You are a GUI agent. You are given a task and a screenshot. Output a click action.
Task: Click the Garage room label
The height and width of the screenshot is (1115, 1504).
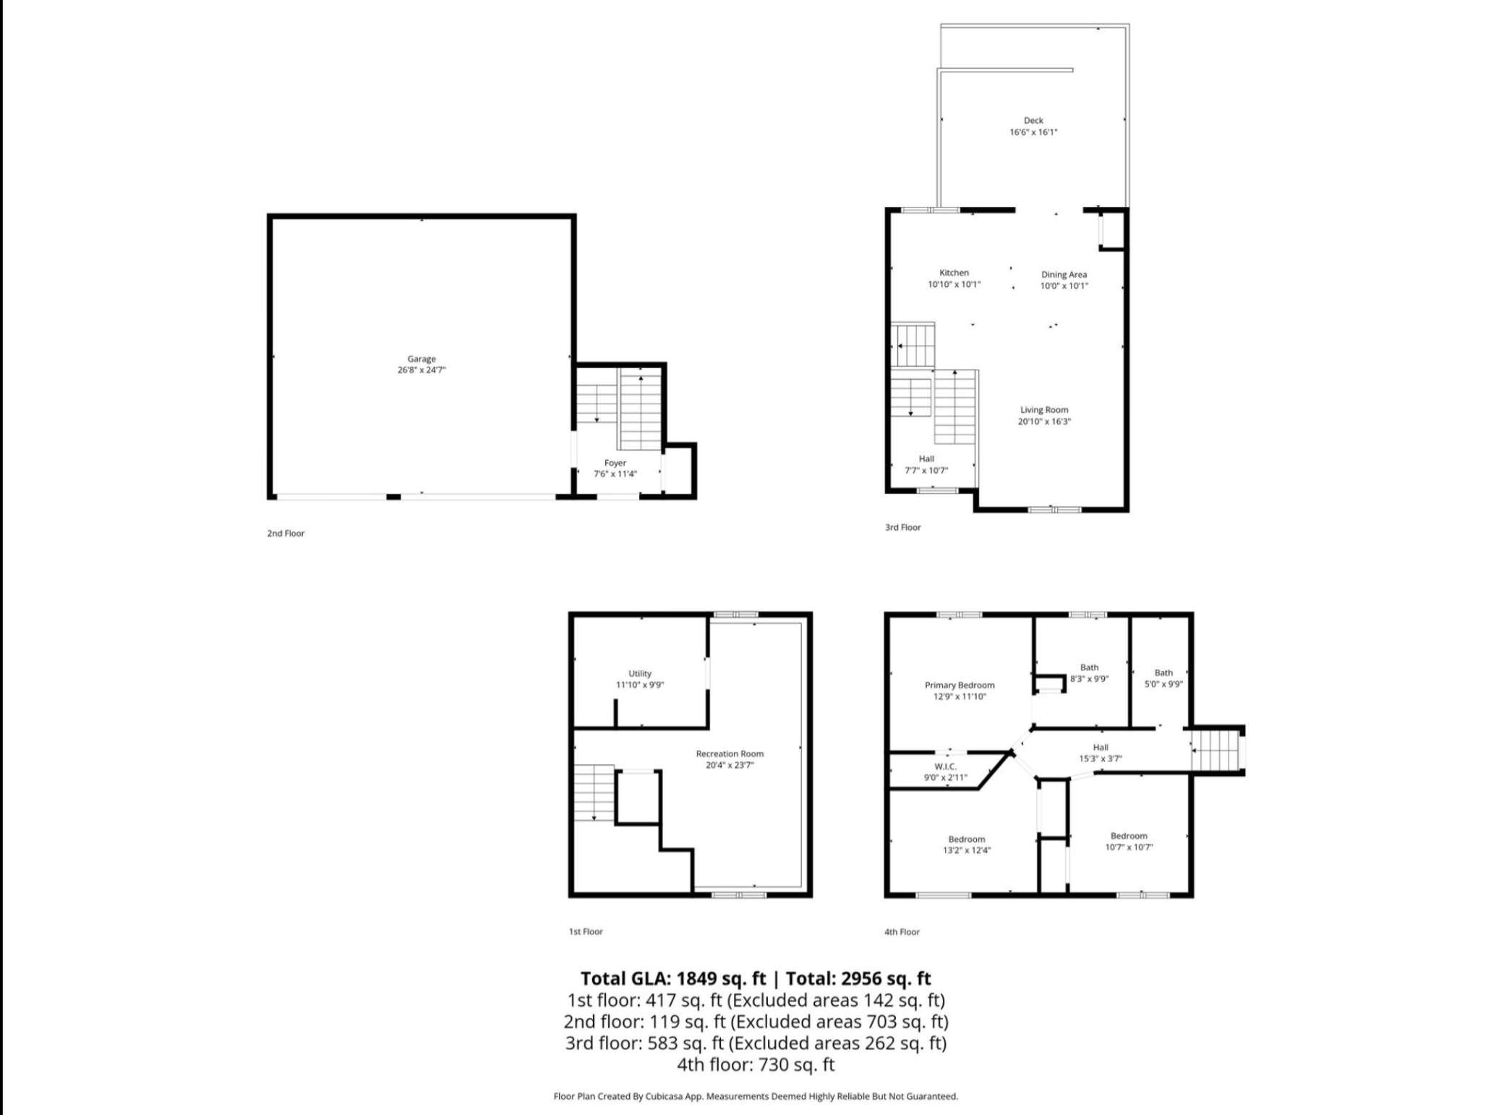tap(422, 359)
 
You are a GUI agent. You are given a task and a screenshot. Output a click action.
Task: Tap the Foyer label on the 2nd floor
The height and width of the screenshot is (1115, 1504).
tap(615, 463)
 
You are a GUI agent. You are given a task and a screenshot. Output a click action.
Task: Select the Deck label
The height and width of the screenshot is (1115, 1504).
tap(1033, 121)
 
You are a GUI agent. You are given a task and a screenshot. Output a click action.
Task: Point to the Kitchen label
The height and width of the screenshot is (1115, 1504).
tap(954, 273)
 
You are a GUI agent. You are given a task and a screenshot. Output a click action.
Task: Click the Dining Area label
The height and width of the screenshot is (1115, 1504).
tap(1064, 275)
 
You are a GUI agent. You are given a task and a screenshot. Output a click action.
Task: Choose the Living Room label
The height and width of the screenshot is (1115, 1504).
tap(1044, 410)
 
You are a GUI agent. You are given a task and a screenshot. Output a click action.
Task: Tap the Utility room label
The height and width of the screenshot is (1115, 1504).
tap(640, 674)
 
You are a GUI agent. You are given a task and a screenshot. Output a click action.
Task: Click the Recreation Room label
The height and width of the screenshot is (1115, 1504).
tap(730, 753)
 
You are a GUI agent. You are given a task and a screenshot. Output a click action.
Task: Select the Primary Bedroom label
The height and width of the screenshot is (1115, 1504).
tap(960, 685)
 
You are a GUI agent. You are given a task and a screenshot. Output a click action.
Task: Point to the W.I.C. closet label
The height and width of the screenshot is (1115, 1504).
tap(945, 766)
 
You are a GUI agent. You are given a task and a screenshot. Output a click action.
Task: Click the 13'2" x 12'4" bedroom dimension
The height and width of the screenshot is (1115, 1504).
tap(967, 850)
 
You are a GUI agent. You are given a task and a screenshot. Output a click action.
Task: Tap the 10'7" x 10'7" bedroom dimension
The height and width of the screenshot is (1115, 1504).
tap(1129, 847)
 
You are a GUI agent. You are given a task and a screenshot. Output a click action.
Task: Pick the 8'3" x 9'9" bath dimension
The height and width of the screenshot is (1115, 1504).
tap(1089, 679)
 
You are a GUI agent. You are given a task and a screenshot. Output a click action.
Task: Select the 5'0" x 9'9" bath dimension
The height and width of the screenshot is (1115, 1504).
tap(1163, 684)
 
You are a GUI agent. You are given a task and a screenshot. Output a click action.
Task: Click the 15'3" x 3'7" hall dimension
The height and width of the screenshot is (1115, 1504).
tap(1101, 759)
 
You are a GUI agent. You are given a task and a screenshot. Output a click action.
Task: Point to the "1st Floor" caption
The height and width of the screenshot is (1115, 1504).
tap(586, 931)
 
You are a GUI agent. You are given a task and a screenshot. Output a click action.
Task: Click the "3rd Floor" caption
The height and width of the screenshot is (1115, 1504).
tap(903, 527)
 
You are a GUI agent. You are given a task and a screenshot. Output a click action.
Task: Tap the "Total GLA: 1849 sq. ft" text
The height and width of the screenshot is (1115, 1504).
tap(673, 978)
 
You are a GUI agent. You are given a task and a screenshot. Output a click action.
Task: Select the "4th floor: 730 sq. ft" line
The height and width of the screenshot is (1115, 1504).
tap(756, 1064)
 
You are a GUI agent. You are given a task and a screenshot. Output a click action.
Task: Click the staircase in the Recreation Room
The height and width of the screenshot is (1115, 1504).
tap(594, 793)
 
